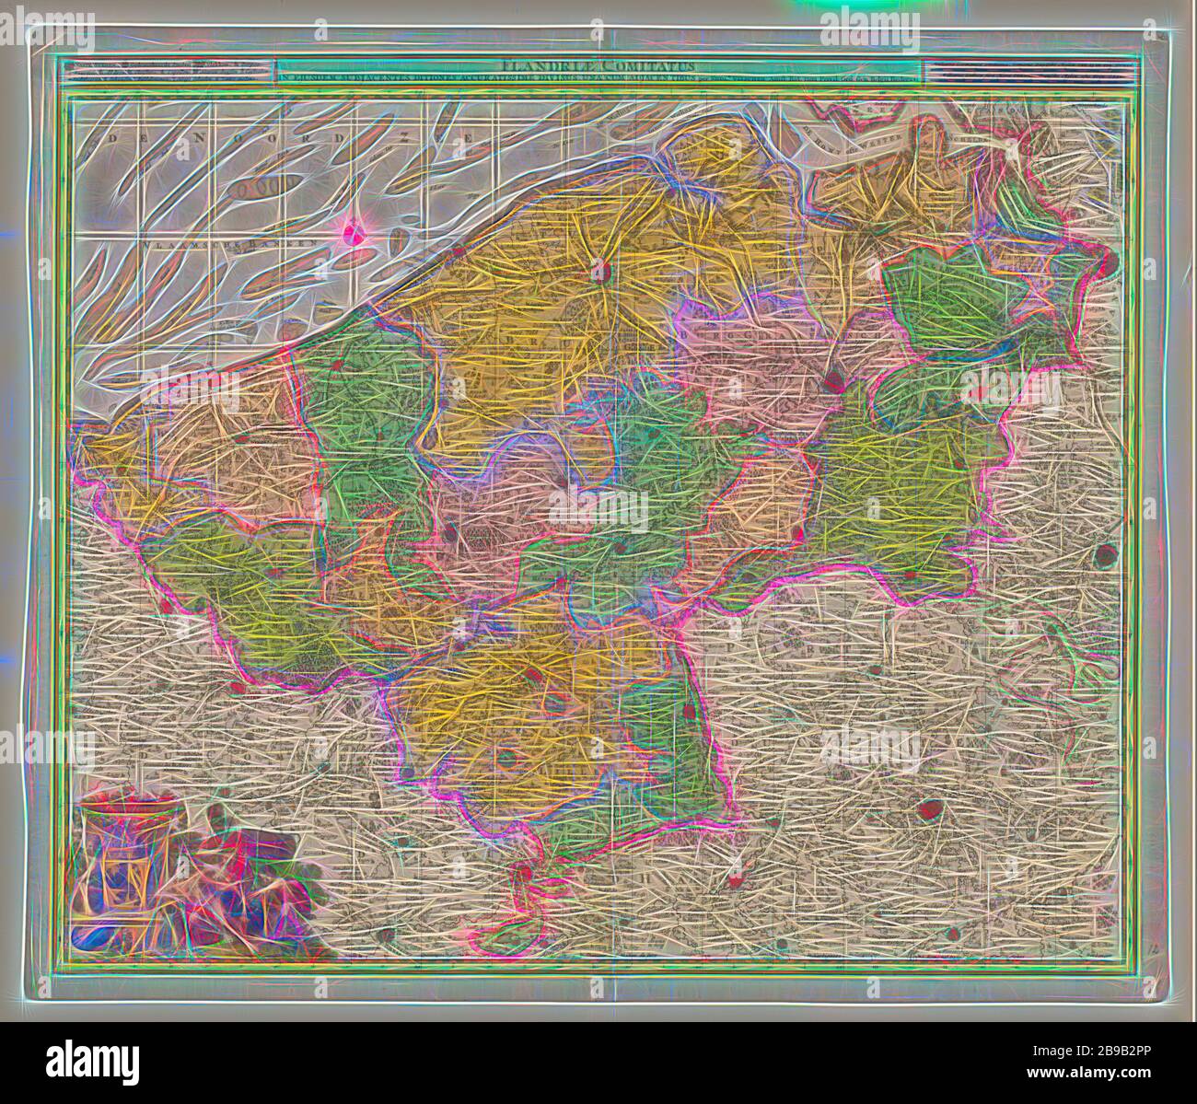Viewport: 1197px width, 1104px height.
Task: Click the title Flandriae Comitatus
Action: tap(598, 65)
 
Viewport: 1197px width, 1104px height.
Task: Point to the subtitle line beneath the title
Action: tap(598, 78)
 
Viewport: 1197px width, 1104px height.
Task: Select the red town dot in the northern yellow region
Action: tap(600, 272)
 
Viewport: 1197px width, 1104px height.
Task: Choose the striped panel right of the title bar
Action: tap(1024, 70)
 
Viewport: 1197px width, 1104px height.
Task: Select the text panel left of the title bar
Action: tap(169, 70)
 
